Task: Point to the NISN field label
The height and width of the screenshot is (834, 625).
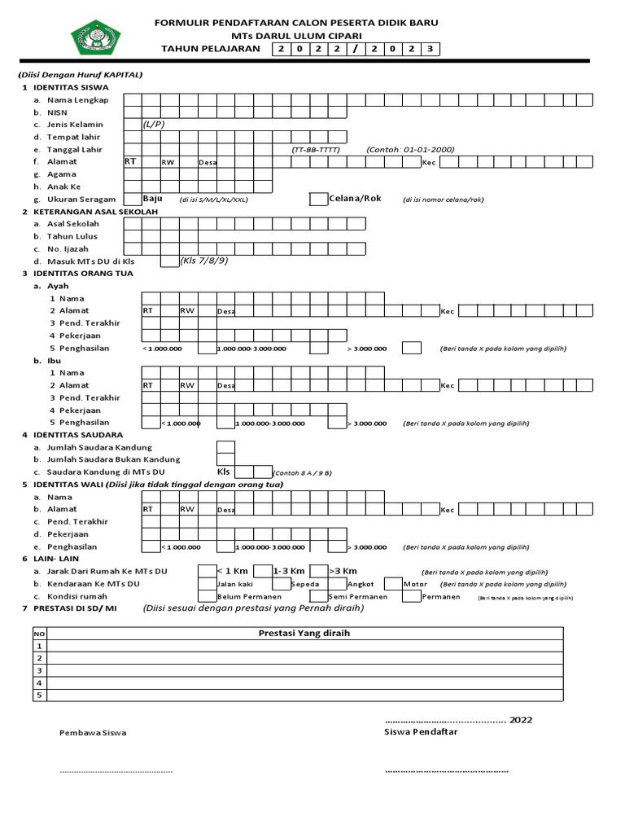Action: tap(57, 112)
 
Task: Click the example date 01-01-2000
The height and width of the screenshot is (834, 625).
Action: tap(410, 150)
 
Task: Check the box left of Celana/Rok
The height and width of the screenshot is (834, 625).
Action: tap(318, 200)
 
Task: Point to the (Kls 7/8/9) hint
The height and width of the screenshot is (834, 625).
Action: tap(203, 261)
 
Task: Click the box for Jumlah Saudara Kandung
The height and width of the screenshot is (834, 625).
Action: tap(225, 447)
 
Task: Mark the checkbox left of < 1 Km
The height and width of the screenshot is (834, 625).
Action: tap(207, 571)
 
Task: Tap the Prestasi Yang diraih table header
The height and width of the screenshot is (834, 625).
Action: tap(304, 634)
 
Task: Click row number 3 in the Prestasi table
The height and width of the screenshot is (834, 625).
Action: tap(38, 670)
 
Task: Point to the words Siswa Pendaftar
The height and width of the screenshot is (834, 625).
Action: tap(421, 731)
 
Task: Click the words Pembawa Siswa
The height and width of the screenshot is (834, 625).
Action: tap(93, 733)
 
